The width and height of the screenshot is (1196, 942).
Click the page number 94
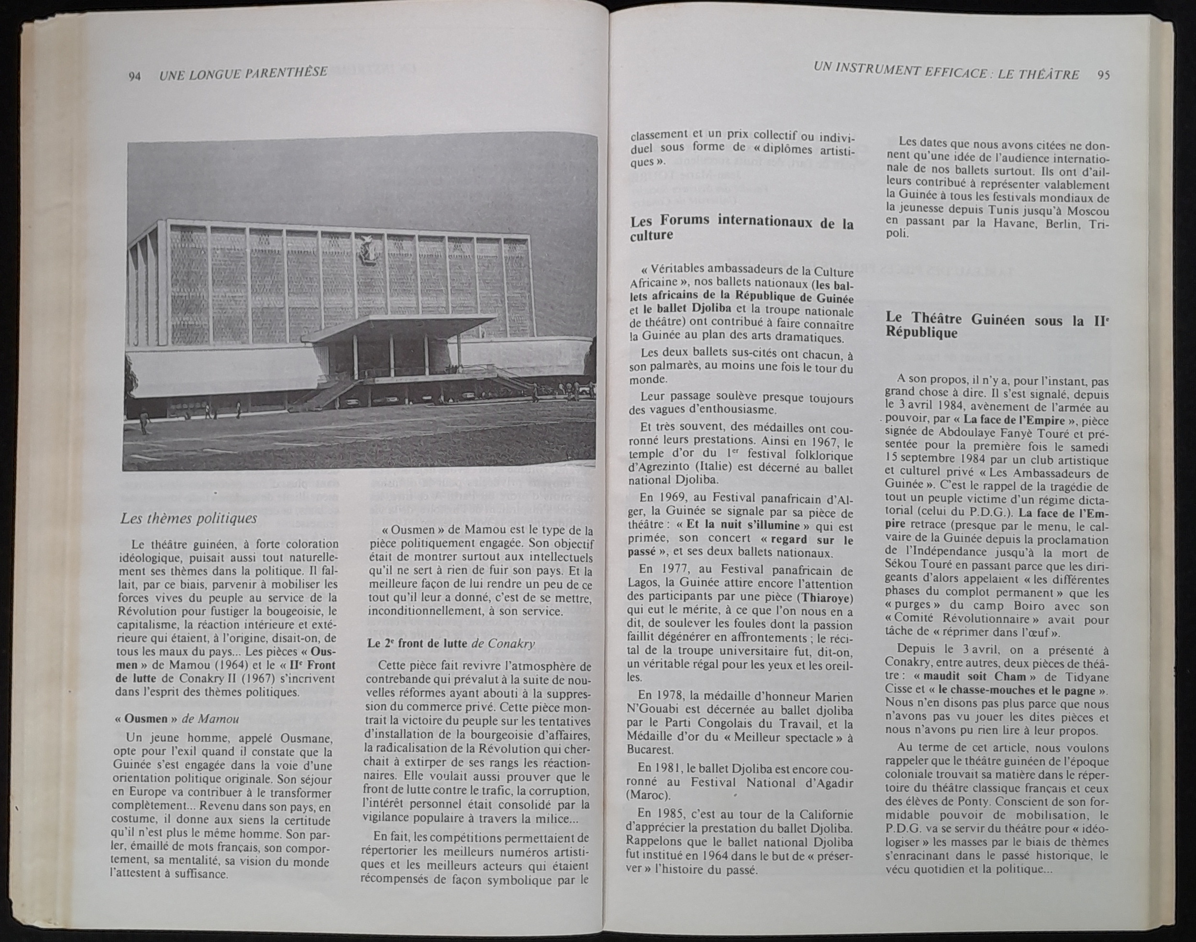pyautogui.click(x=134, y=76)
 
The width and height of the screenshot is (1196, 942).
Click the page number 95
pyautogui.click(x=1103, y=75)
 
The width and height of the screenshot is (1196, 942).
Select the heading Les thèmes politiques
pyautogui.click(x=188, y=519)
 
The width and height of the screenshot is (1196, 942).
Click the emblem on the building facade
pyautogui.click(x=365, y=253)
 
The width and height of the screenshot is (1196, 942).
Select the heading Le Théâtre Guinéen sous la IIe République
pyautogui.click(x=997, y=326)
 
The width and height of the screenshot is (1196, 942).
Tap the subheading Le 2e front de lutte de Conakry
pyautogui.click(x=451, y=644)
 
